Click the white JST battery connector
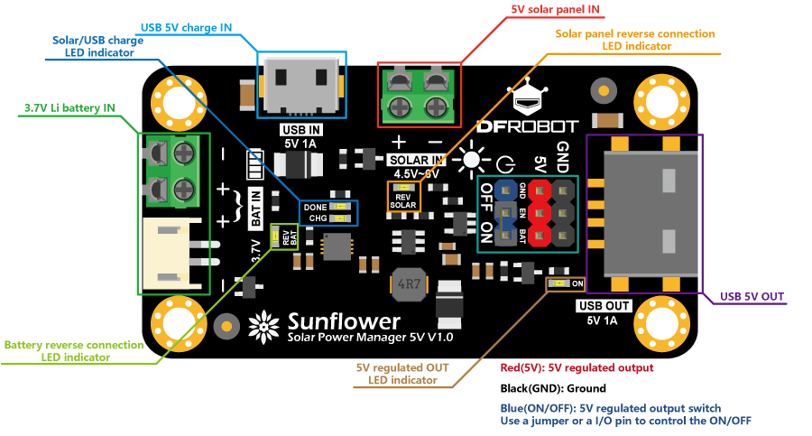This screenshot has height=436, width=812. pos(171,252)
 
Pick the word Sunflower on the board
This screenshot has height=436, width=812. pos(344,321)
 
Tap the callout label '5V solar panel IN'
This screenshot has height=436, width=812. pos(557,11)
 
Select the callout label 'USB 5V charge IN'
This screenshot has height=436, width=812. pos(187,28)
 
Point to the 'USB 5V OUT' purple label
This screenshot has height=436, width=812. pos(752,295)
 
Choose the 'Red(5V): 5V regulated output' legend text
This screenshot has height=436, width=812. pos(577,367)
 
